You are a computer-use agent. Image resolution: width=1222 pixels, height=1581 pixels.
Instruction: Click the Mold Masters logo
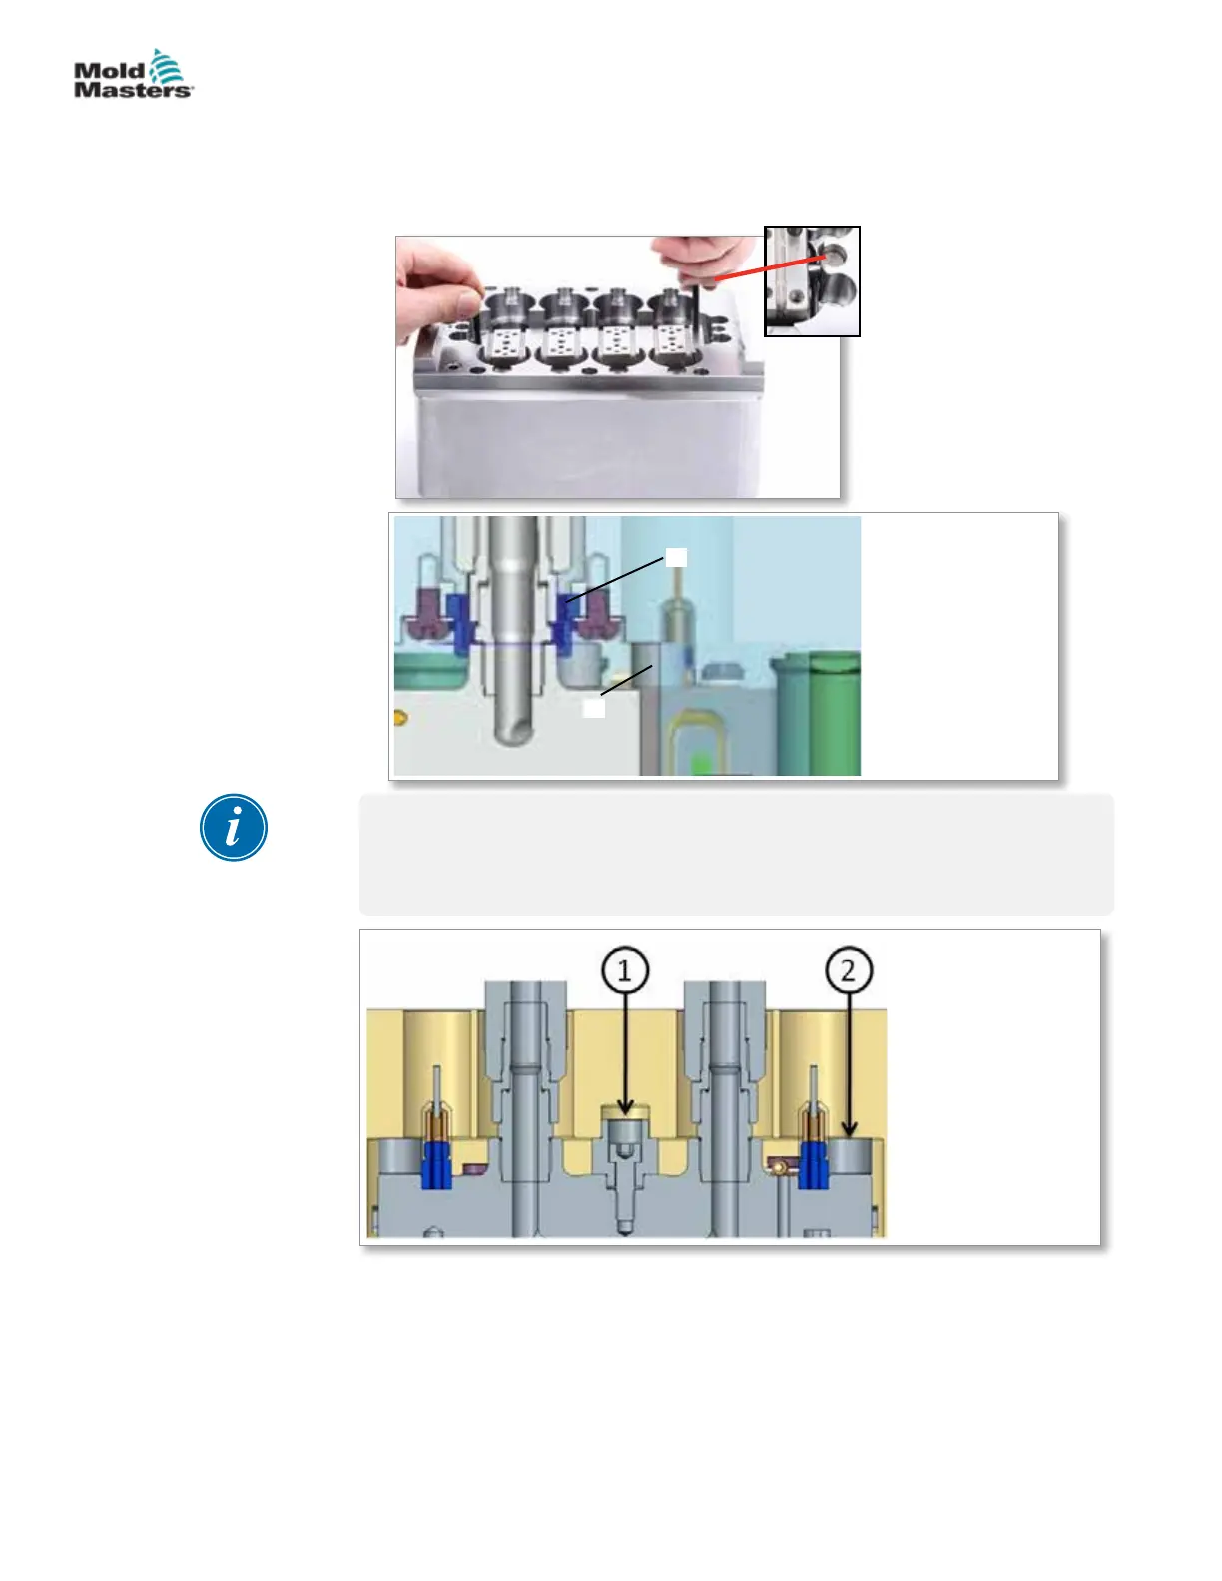[x=133, y=75]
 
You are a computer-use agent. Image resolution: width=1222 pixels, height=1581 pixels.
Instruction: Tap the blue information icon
[x=234, y=828]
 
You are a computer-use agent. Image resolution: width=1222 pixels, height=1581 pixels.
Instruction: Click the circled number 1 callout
[x=625, y=970]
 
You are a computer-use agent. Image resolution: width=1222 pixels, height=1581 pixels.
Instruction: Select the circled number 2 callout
[x=848, y=970]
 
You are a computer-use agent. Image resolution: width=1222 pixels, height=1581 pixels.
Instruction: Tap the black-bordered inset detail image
[x=812, y=281]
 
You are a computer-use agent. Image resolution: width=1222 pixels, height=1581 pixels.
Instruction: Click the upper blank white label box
[x=676, y=557]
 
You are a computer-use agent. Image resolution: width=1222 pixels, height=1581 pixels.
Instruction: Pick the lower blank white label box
[x=594, y=708]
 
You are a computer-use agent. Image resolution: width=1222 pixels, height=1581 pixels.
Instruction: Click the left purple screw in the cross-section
[x=424, y=616]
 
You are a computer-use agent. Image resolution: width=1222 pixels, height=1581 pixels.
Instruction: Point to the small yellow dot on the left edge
[x=399, y=715]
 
